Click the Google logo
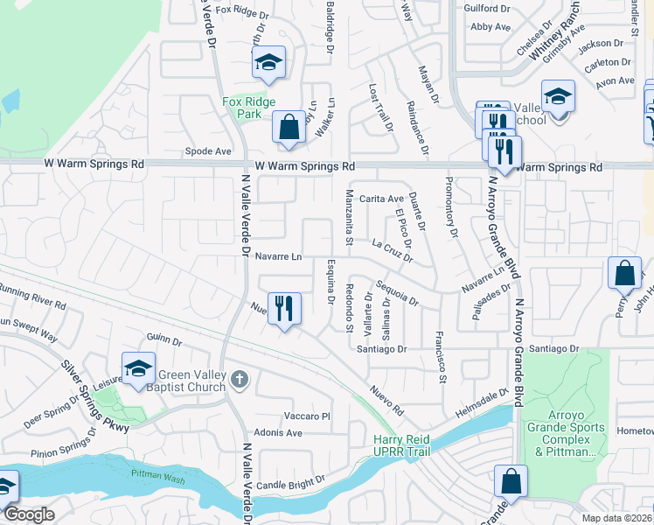(29, 514)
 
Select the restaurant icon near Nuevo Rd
(284, 309)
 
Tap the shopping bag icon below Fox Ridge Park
(288, 128)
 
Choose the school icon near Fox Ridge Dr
(268, 63)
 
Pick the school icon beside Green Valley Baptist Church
(138, 369)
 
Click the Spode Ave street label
(208, 151)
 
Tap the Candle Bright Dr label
(290, 480)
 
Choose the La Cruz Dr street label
(390, 251)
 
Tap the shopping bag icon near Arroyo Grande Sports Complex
(511, 482)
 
